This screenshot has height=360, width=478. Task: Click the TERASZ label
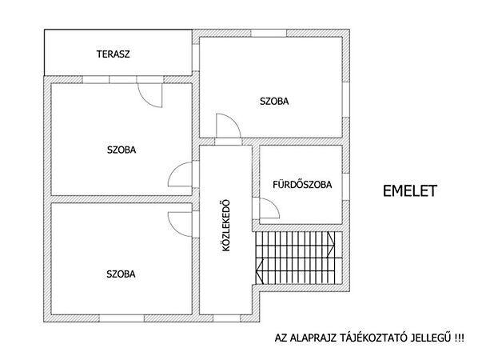click(x=113, y=54)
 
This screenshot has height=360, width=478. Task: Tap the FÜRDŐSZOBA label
click(x=302, y=185)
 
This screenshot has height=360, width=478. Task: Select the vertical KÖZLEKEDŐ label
click(x=226, y=226)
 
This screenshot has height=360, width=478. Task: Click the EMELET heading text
click(x=410, y=190)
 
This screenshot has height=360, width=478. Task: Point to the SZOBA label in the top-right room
click(x=274, y=102)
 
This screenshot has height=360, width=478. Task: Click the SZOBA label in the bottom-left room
click(x=121, y=274)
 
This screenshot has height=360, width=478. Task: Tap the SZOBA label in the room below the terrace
click(x=121, y=150)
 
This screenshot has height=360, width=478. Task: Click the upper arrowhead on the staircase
click(x=331, y=243)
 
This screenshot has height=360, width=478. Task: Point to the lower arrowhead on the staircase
click(x=260, y=270)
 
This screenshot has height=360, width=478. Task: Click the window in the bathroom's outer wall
click(x=345, y=187)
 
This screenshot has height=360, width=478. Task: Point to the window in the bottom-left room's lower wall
click(x=121, y=318)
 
